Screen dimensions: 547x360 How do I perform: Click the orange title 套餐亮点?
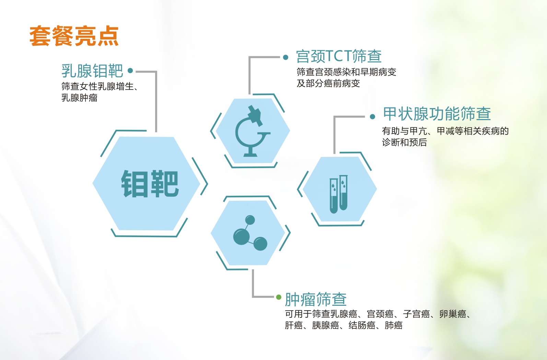(74, 36)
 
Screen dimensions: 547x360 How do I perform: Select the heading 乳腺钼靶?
(92, 71)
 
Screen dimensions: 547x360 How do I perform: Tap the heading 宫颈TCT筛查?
(339, 56)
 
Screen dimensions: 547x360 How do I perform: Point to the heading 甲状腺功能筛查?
(437, 114)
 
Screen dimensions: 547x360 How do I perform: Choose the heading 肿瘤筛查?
(316, 300)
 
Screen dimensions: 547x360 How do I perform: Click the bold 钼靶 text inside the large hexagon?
(150, 184)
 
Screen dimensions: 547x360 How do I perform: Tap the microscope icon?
(253, 131)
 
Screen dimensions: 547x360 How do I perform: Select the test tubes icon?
(338, 194)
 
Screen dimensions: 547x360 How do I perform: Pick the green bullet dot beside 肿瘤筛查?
(279, 297)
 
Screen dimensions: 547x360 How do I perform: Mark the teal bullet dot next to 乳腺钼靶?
(130, 71)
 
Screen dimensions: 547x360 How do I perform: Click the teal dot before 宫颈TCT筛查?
(286, 57)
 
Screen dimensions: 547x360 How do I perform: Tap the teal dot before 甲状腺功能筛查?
(372, 117)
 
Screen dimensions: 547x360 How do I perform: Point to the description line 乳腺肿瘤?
(79, 98)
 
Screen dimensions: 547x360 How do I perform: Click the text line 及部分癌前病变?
(328, 83)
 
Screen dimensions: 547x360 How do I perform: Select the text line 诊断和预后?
(404, 142)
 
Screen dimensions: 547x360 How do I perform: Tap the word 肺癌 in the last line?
(393, 325)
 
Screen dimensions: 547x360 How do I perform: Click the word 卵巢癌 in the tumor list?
(453, 314)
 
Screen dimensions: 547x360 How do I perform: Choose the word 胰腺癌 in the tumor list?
(326, 325)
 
